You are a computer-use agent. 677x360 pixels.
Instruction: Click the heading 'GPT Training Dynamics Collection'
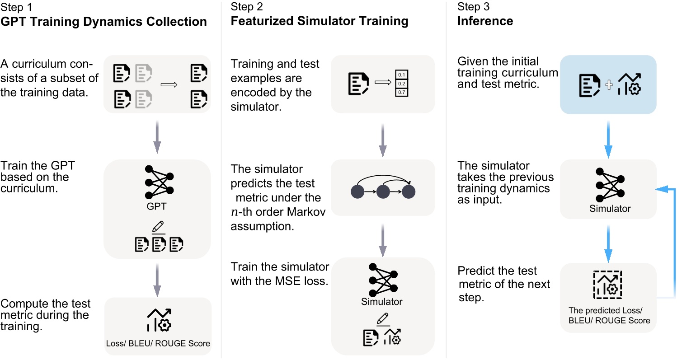point(104,21)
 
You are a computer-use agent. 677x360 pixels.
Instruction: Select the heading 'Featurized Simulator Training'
point(320,21)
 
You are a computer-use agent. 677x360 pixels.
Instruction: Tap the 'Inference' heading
point(485,21)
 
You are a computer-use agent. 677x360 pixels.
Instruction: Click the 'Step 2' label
point(247,7)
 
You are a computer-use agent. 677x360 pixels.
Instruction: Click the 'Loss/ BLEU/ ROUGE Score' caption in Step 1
point(158,343)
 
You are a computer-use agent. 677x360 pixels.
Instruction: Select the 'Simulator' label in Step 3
point(610,209)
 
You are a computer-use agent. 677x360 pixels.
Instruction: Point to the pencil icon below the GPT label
point(158,226)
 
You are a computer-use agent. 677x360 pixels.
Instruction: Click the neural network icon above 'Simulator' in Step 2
point(382,280)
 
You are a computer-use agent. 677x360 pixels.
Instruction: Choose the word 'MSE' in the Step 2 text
point(278,281)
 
